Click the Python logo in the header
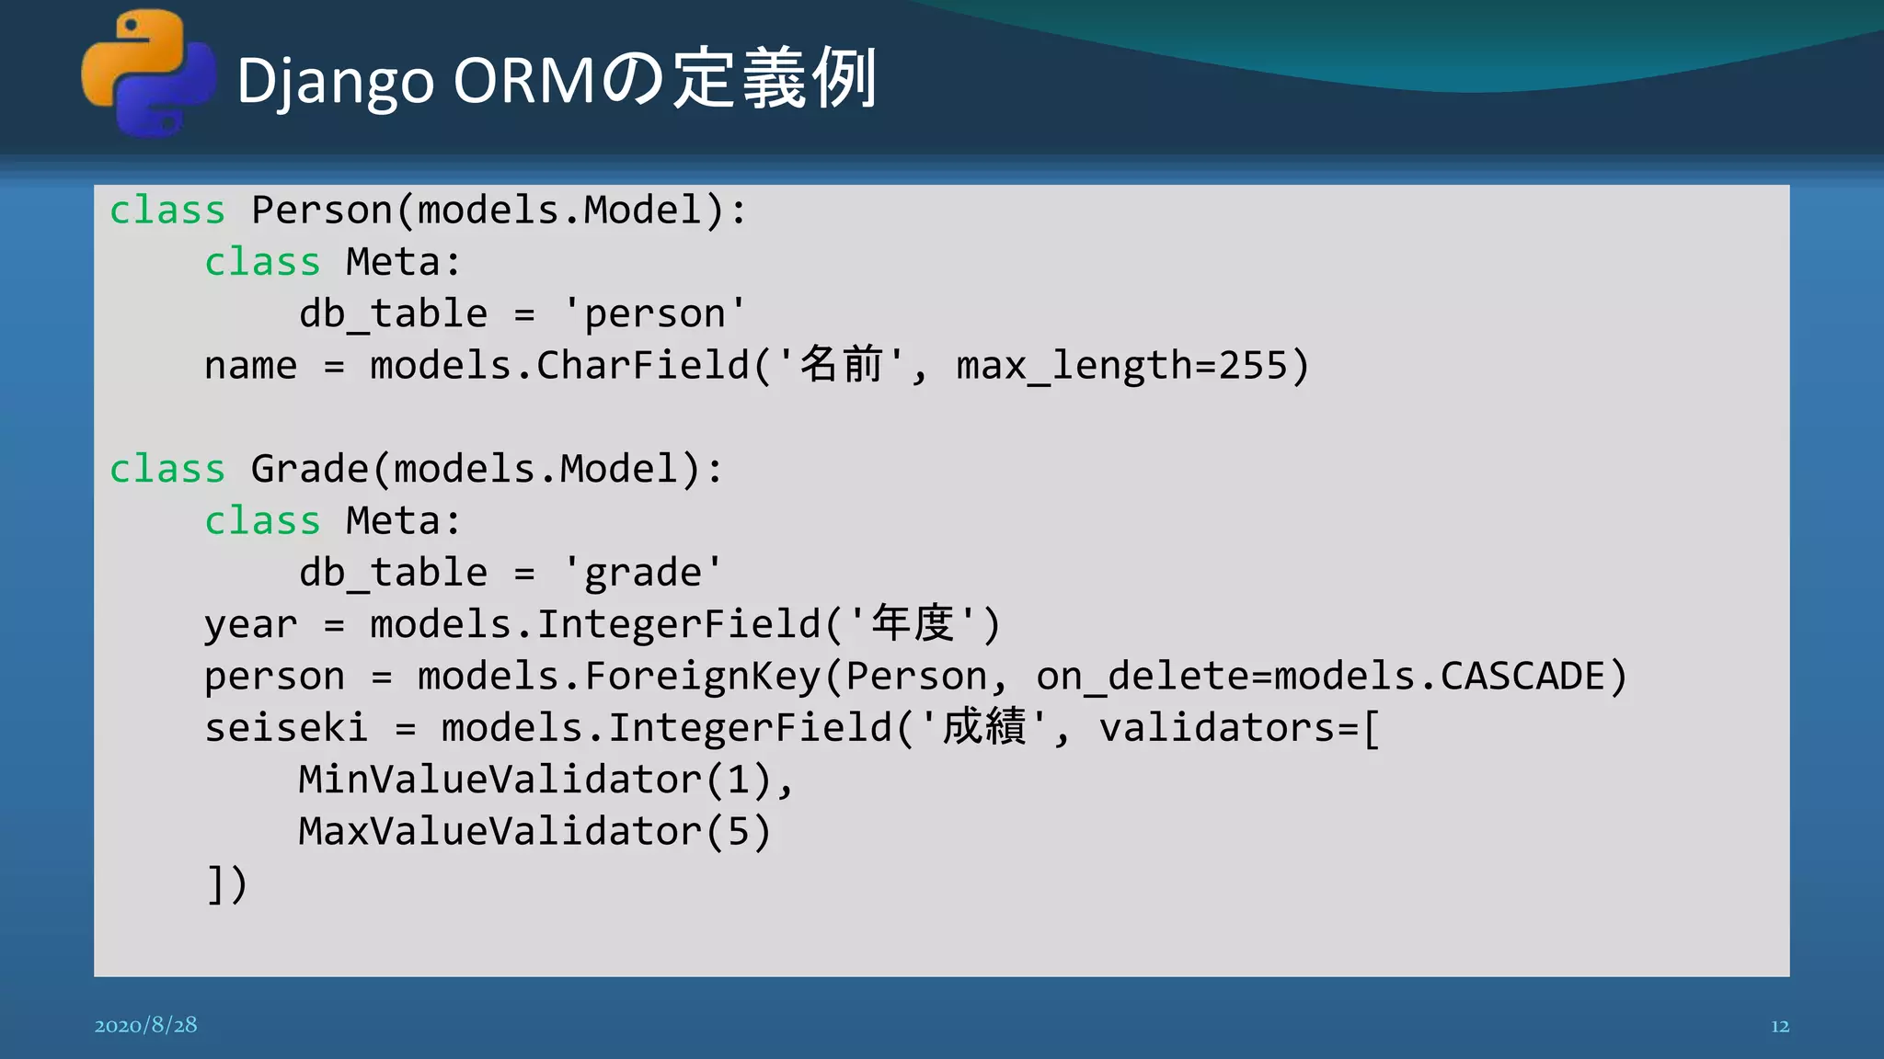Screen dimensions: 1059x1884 (148, 74)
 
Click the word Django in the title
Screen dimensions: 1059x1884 (335, 81)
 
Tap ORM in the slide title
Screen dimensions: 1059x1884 (524, 81)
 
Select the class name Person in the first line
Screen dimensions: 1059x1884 (322, 211)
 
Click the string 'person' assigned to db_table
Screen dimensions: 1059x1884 (654, 314)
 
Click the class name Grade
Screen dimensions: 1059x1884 (310, 469)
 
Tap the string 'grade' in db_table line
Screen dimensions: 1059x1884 (642, 573)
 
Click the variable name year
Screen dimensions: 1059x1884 (250, 625)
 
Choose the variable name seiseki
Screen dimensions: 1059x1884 (286, 728)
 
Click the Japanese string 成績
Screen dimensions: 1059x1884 (983, 727)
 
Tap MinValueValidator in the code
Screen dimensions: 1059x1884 (500, 780)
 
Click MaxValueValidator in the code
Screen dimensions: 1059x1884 (500, 832)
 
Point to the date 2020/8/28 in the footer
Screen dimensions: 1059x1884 (145, 1025)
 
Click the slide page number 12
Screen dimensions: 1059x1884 (1779, 1026)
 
